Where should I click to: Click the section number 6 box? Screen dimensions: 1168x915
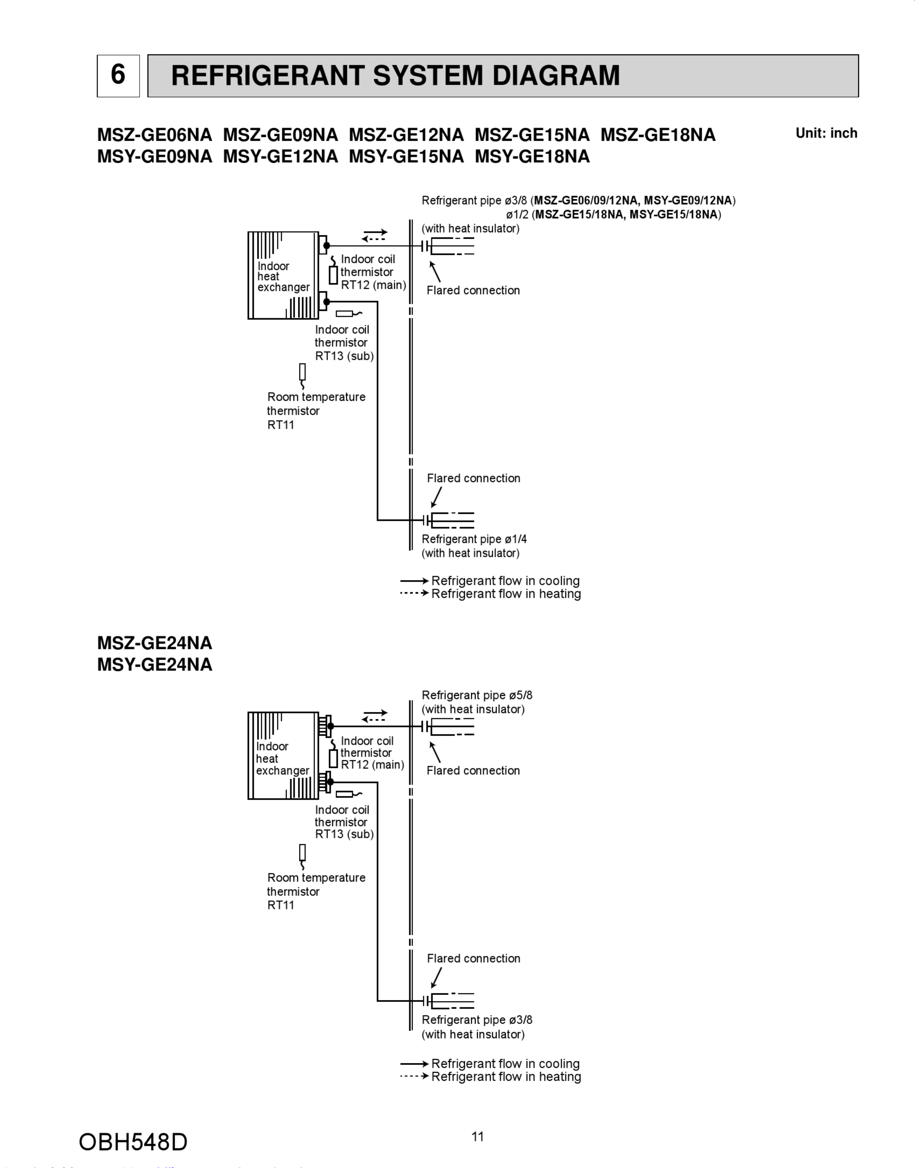[118, 76]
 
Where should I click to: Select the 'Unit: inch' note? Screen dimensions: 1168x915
[826, 133]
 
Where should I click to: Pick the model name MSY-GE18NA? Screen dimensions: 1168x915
[532, 156]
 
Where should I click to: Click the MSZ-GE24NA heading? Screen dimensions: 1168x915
[154, 643]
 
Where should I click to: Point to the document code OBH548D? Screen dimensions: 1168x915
[133, 1142]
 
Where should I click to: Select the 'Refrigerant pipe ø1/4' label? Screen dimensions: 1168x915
[474, 539]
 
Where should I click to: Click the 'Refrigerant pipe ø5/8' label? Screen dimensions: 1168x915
[477, 695]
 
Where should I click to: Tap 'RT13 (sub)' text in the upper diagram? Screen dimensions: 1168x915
[344, 356]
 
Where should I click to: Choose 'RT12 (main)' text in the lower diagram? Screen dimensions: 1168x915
[372, 765]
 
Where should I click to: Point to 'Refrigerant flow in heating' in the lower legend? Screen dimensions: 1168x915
[506, 1077]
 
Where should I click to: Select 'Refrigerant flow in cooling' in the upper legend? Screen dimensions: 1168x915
[505, 581]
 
